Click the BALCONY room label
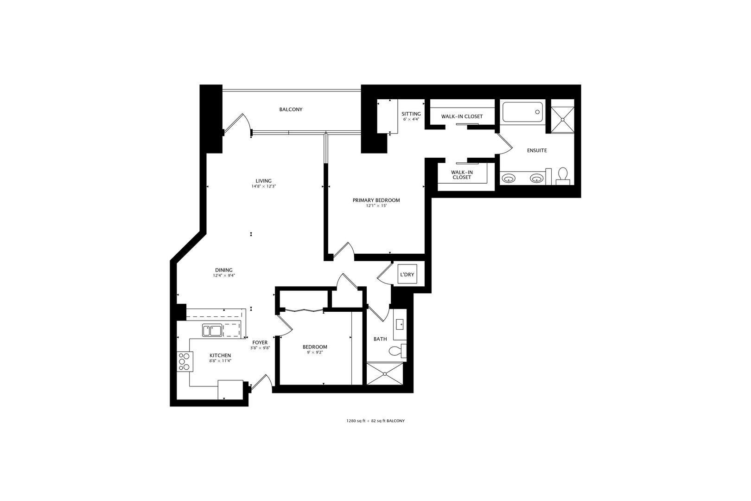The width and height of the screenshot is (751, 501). (291, 109)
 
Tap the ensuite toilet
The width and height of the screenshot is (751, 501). (563, 175)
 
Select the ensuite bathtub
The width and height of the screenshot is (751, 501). (523, 112)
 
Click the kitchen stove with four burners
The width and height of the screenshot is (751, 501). (185, 362)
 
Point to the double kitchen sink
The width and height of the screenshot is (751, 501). (211, 331)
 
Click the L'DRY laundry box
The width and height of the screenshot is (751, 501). (407, 275)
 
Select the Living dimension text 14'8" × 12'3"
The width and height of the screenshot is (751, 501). (264, 186)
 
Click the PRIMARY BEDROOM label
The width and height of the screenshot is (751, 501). (376, 200)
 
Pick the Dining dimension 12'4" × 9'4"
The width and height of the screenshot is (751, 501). (223, 276)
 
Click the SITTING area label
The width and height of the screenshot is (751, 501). (411, 114)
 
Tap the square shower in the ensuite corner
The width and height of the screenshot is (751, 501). (563, 119)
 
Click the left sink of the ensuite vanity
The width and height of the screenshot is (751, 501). (509, 178)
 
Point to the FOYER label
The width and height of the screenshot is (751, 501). (260, 343)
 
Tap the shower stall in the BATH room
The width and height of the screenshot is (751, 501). (385, 373)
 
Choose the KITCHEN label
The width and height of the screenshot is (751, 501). (220, 355)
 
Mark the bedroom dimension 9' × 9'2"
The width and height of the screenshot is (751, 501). (315, 353)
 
